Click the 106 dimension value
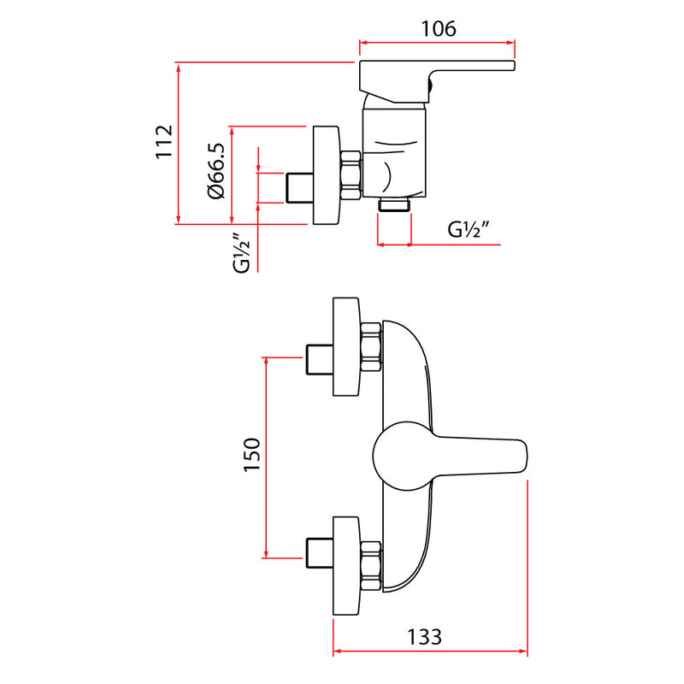pos(439,29)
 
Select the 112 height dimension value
pos(165,142)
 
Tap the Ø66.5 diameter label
pos(217,171)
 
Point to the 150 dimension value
pos(251,454)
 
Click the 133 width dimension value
pos(424,637)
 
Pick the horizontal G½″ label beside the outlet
pos(469,229)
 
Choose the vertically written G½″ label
pos(242,253)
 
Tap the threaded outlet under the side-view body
pos(395,204)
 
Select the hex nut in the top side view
pos(351,175)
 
